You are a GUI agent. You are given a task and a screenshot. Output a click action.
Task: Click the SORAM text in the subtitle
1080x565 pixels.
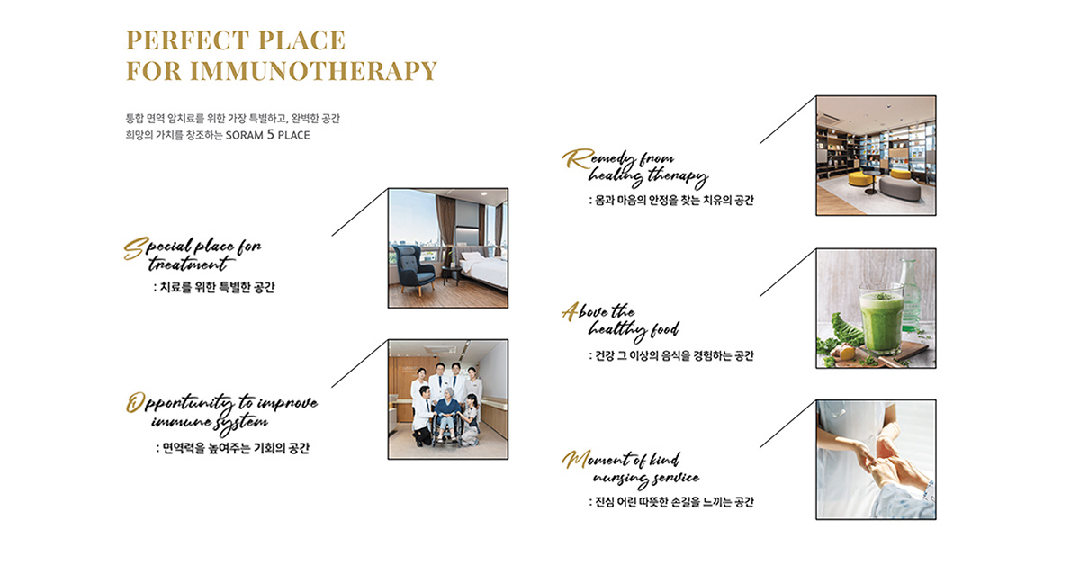coord(245,136)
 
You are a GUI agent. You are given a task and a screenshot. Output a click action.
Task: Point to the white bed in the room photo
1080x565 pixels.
coord(482,268)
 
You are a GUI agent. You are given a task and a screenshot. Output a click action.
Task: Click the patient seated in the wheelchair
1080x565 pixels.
coord(448,415)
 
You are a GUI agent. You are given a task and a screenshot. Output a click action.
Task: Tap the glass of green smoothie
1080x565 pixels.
coord(881,318)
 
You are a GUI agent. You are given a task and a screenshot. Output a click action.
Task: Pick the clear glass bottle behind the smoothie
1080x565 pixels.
coord(910,295)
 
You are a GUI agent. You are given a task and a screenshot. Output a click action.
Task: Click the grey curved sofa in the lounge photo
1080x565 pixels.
coord(900,189)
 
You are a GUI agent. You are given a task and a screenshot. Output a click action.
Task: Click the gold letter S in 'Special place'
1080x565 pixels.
coord(135,248)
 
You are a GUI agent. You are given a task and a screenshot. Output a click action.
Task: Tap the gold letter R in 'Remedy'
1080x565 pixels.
coord(578,158)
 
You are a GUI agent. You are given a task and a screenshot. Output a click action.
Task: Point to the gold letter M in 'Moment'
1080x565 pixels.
coord(575,460)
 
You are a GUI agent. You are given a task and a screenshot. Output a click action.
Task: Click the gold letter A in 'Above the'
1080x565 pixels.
coord(571,311)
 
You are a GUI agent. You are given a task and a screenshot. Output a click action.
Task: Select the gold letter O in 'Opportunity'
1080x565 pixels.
coord(135,402)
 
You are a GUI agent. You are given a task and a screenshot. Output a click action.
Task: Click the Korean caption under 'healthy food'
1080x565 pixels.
coord(671,355)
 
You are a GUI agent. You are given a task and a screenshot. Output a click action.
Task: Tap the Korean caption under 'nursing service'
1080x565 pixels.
coord(671,502)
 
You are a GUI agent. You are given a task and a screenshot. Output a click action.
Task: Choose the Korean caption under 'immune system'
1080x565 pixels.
coord(233,448)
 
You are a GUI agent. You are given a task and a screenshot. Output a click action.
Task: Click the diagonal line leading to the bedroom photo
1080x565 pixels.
coord(360,212)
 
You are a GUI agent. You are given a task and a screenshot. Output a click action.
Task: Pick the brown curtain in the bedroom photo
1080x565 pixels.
coord(445,227)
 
